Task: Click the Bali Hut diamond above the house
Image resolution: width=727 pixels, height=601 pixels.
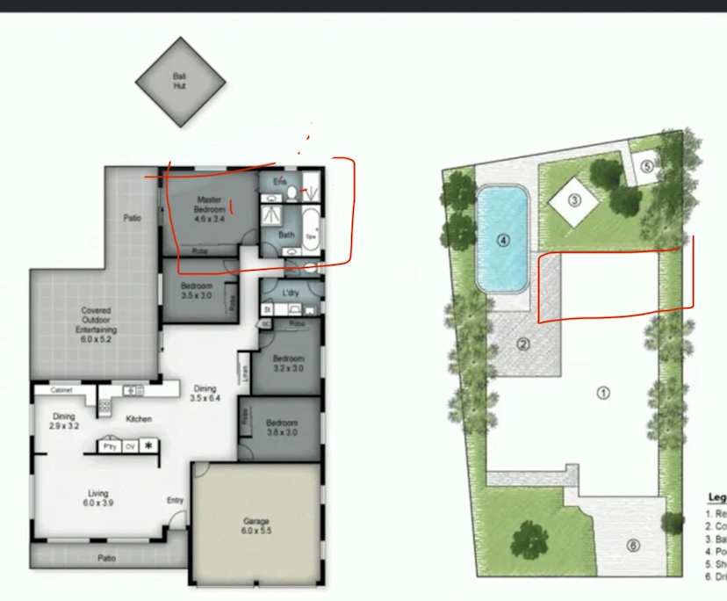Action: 179,82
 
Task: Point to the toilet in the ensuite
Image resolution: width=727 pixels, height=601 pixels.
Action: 292,193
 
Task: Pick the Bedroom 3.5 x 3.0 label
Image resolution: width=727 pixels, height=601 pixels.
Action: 197,292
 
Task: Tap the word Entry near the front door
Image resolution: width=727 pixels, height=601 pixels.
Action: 176,501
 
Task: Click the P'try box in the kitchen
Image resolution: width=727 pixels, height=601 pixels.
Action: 110,446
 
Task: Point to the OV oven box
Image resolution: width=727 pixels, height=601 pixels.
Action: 130,446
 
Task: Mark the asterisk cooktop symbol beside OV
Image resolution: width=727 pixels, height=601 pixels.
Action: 148,446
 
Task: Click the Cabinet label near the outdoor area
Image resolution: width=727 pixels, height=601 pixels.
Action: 61,389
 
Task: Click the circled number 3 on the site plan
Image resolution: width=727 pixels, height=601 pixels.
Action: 574,199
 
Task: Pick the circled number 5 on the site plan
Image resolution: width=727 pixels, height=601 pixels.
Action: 645,165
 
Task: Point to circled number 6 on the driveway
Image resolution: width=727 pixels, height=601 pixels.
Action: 633,546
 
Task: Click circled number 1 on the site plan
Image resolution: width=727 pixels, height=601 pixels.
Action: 603,393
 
